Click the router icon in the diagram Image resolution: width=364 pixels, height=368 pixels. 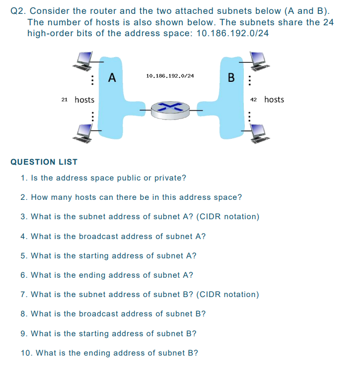tap(170, 111)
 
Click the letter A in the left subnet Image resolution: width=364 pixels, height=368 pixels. tap(112, 77)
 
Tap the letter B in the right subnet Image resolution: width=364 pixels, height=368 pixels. tap(231, 77)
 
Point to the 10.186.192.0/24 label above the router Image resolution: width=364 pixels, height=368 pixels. tap(170, 76)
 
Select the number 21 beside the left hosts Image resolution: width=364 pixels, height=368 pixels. tap(65, 100)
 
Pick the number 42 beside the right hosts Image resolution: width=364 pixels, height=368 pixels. tap(254, 100)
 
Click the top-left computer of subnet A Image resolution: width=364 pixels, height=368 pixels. tap(82, 61)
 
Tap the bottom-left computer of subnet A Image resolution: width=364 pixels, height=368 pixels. tap(82, 133)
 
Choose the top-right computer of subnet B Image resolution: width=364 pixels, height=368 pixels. tap(259, 61)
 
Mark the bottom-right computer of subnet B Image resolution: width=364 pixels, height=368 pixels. tap(259, 133)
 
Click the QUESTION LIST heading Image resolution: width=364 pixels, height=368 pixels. tap(44, 162)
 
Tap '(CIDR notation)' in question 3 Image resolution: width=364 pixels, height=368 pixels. tap(228, 217)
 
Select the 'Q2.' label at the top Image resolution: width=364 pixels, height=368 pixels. tap(18, 11)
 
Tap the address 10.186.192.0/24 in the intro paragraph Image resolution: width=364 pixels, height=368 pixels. tap(232, 33)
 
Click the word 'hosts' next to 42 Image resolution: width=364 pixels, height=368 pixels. tap(274, 100)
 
